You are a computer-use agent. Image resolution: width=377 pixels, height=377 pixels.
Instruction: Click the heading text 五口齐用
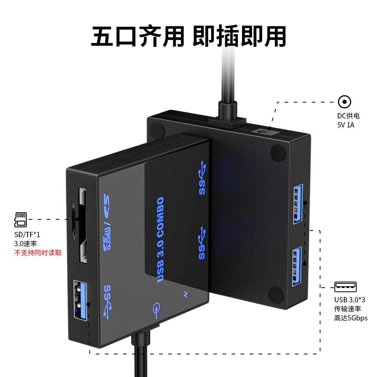[x=138, y=36]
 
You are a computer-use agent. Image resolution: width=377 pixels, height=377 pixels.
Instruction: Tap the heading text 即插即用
[x=239, y=36]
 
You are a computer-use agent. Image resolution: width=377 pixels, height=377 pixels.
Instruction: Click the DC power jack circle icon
[x=344, y=102]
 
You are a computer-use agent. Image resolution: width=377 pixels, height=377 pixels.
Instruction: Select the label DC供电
[x=348, y=116]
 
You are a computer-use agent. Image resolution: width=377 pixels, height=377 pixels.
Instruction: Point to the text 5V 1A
[x=346, y=125]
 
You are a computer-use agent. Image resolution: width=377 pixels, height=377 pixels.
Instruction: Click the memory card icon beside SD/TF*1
[x=21, y=219]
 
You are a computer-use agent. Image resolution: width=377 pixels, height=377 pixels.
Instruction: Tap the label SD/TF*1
[x=27, y=234]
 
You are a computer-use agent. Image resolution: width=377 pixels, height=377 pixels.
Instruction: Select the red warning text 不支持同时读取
[x=38, y=253]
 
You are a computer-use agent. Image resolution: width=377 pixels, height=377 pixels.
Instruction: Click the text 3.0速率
[x=26, y=244]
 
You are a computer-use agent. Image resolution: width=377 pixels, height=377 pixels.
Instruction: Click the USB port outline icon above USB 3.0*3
[x=345, y=287]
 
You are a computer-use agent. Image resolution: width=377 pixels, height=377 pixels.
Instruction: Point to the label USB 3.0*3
[x=350, y=300]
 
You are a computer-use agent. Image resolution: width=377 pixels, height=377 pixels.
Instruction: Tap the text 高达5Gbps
[x=351, y=318]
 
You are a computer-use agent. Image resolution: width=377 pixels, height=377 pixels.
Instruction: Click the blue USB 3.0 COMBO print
[x=160, y=240]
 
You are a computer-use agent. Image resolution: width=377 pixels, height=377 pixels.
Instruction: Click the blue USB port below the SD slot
[x=80, y=300]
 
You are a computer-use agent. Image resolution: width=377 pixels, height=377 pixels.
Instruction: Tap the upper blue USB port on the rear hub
[x=298, y=204]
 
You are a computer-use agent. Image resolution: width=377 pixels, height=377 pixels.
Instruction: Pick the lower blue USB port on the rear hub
[x=297, y=266]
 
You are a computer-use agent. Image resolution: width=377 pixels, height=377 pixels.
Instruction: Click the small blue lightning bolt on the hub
[x=185, y=294]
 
